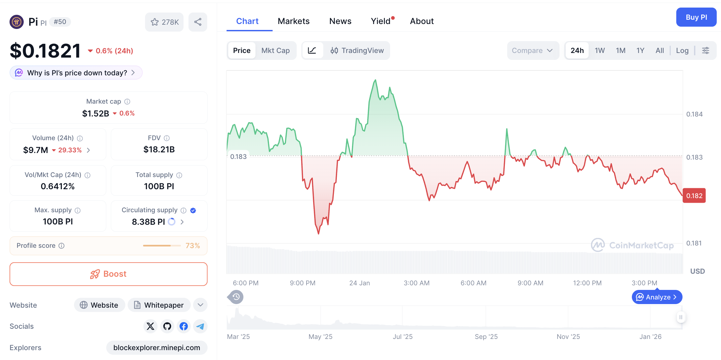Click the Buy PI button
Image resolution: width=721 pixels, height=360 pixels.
pyautogui.click(x=696, y=17)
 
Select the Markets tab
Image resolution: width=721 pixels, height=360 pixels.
pyautogui.click(x=293, y=21)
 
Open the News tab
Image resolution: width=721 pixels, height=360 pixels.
pyautogui.click(x=340, y=21)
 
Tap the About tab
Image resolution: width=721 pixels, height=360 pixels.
pyautogui.click(x=422, y=21)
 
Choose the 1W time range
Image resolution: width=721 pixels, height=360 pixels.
pyautogui.click(x=600, y=51)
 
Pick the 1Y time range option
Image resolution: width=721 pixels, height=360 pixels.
pyautogui.click(x=640, y=51)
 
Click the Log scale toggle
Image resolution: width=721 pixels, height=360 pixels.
pyautogui.click(x=682, y=51)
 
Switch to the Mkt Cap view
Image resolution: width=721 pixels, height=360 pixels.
pyautogui.click(x=275, y=51)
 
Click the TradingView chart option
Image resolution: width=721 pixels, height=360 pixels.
pyautogui.click(x=357, y=51)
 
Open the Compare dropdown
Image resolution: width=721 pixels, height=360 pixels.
pyautogui.click(x=532, y=51)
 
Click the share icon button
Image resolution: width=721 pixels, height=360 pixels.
pyautogui.click(x=198, y=22)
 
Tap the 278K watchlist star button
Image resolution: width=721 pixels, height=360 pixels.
pyautogui.click(x=164, y=22)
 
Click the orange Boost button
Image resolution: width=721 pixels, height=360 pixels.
pyautogui.click(x=109, y=274)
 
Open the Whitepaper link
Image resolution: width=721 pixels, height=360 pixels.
pyautogui.click(x=159, y=305)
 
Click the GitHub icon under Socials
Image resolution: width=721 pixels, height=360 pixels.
pyautogui.click(x=167, y=326)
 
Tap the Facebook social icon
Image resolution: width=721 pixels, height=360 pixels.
pyautogui.click(x=184, y=326)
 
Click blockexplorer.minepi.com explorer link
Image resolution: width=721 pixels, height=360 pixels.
pyautogui.click(x=157, y=348)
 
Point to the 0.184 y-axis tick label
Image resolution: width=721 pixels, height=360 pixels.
pyautogui.click(x=694, y=114)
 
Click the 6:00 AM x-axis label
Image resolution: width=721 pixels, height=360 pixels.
pyautogui.click(x=473, y=283)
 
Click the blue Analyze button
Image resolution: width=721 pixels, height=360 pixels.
pyautogui.click(x=657, y=297)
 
